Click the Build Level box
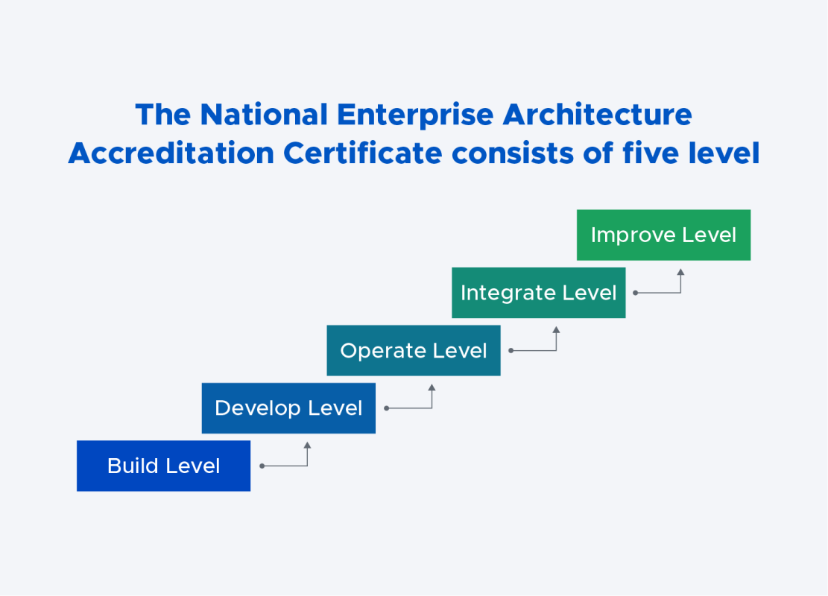[163, 466]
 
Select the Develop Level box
[288, 408]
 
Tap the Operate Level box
[414, 350]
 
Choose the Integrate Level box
[538, 293]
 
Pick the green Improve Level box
[663, 235]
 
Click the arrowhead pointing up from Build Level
[307, 446]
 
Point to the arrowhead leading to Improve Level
[680, 273]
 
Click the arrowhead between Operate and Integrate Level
[556, 330]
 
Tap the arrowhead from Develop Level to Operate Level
[432, 388]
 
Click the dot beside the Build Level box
[262, 466]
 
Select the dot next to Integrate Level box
[636, 293]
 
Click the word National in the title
[264, 115]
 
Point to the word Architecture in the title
[597, 115]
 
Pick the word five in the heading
[656, 153]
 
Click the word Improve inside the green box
[623, 235]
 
